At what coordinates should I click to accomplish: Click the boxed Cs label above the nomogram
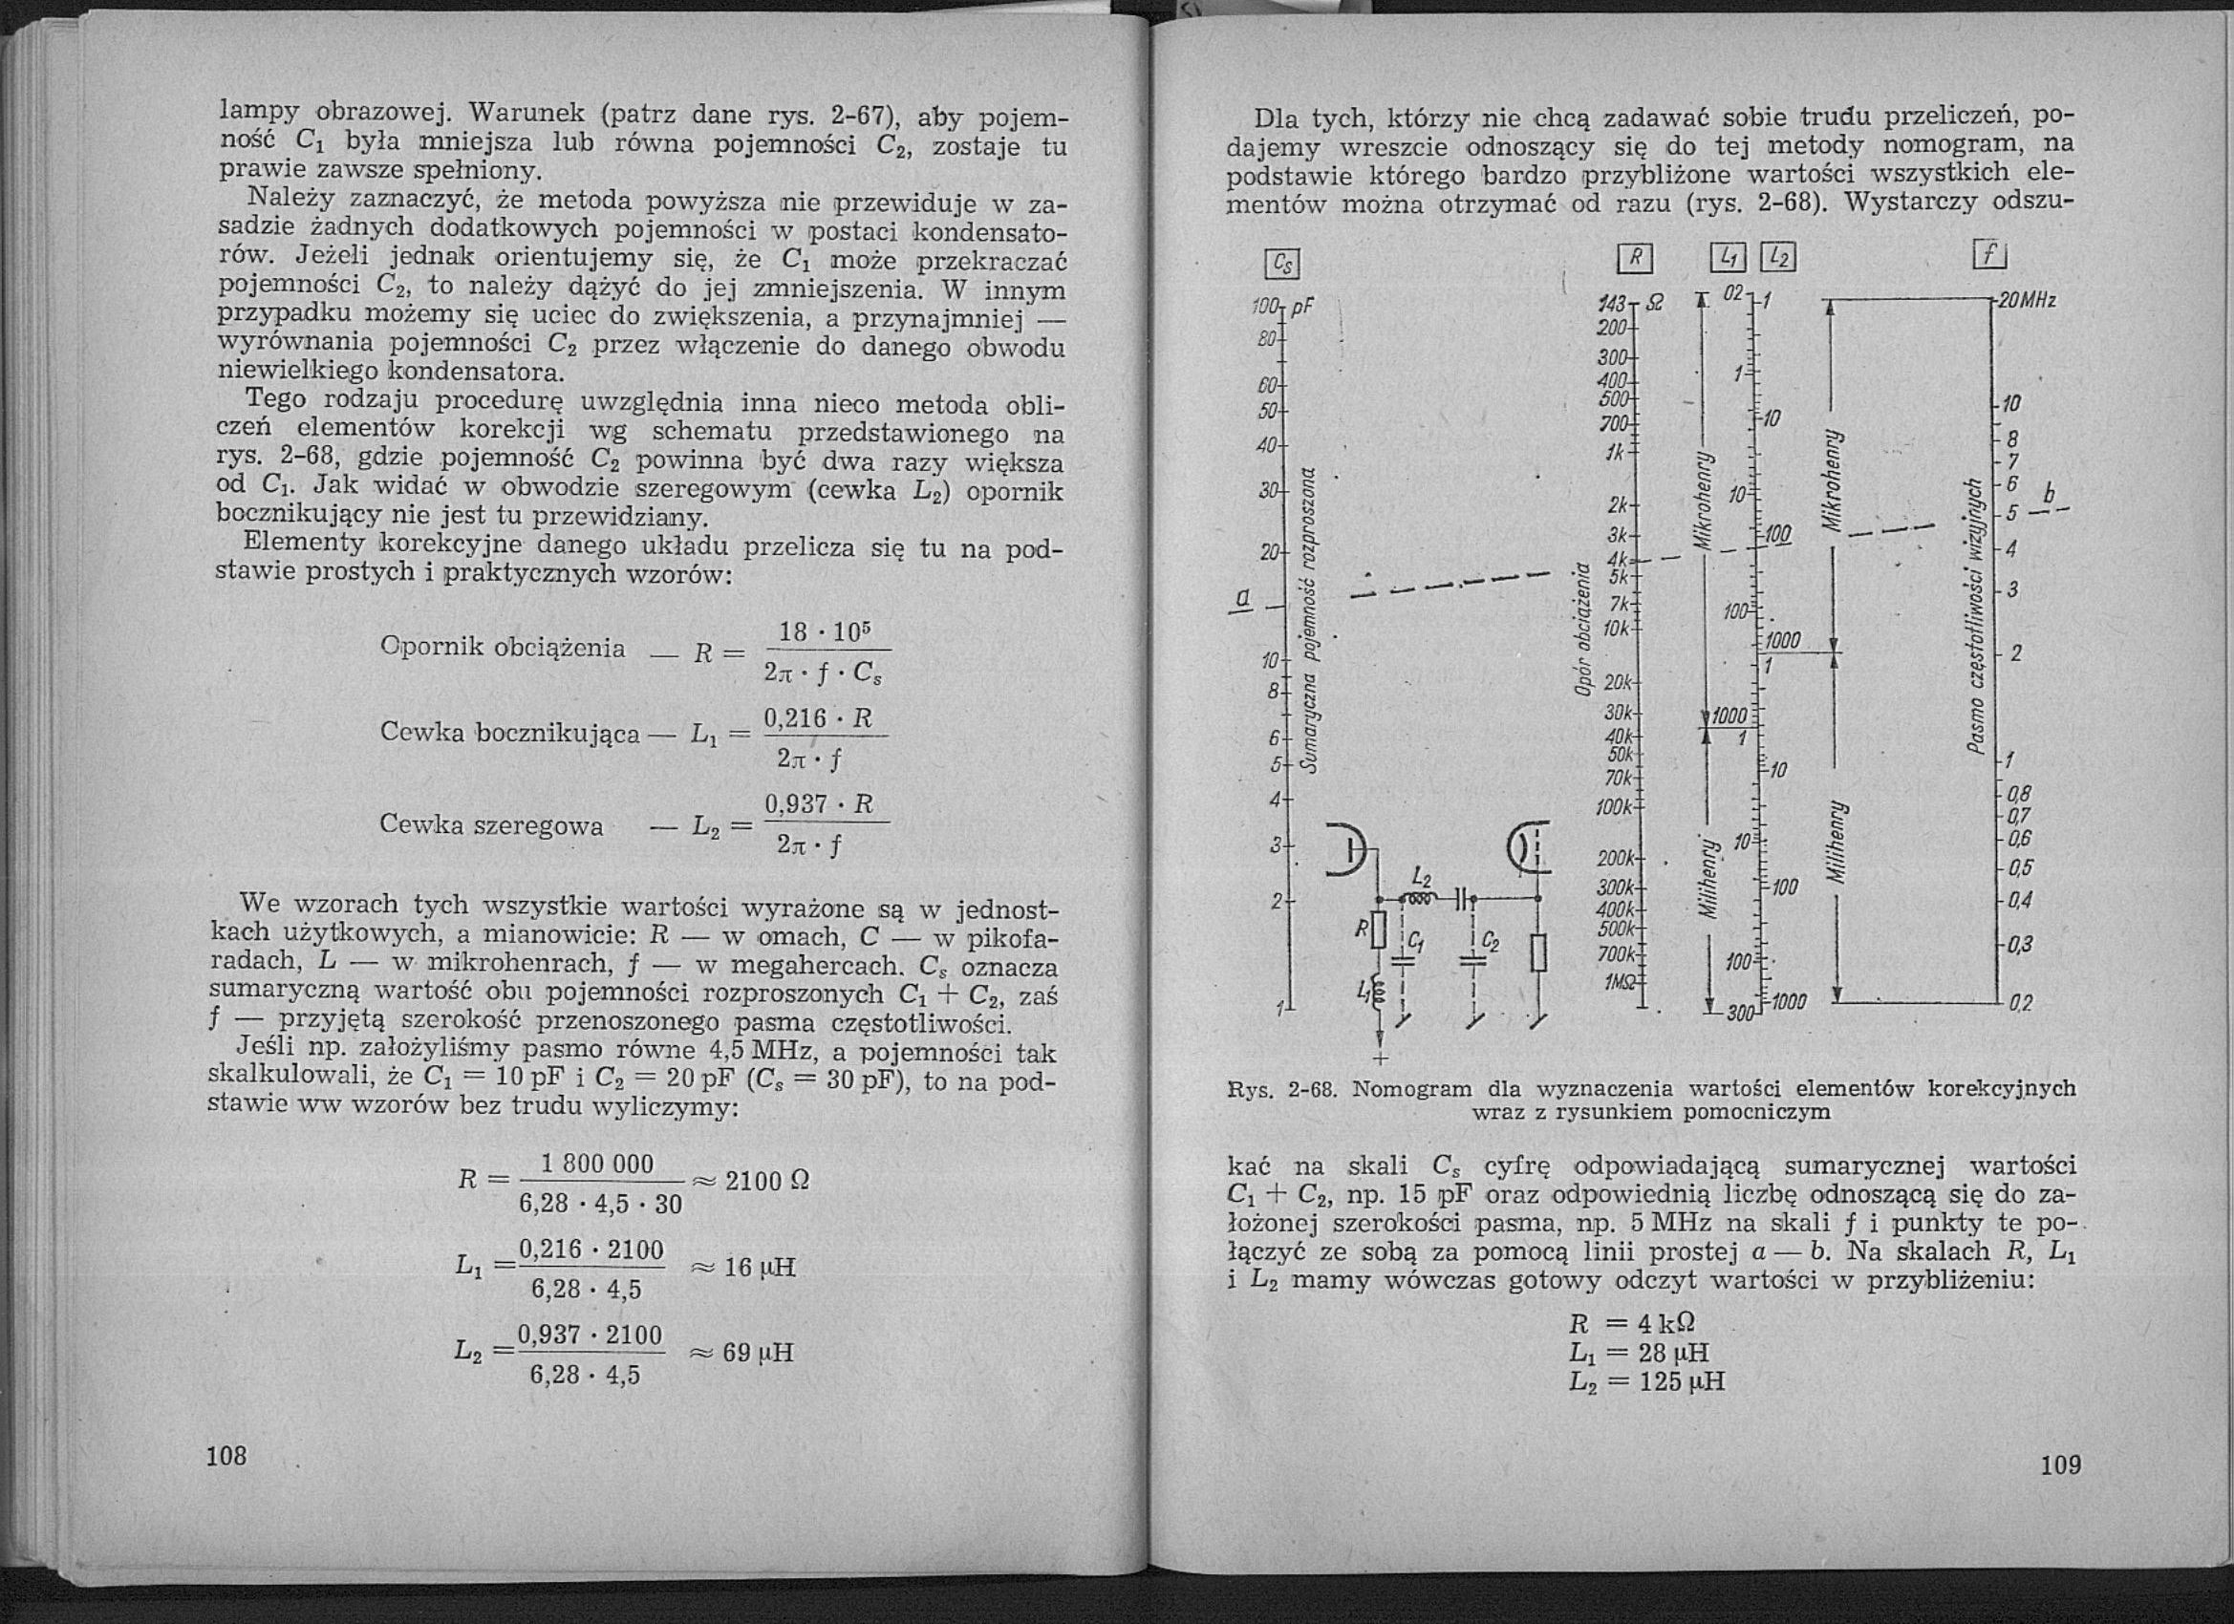pos(1281,264)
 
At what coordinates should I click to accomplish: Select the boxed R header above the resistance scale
pos(1635,259)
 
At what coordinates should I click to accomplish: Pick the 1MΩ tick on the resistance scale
pos(1618,982)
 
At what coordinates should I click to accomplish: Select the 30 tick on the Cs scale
pos(1268,489)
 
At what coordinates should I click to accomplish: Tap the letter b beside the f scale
pos(2050,492)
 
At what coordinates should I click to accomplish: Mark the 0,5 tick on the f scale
pos(2020,867)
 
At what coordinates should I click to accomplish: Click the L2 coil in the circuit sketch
pos(1418,897)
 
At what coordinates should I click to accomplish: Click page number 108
pos(226,1456)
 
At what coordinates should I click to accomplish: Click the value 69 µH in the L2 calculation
pos(758,1352)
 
